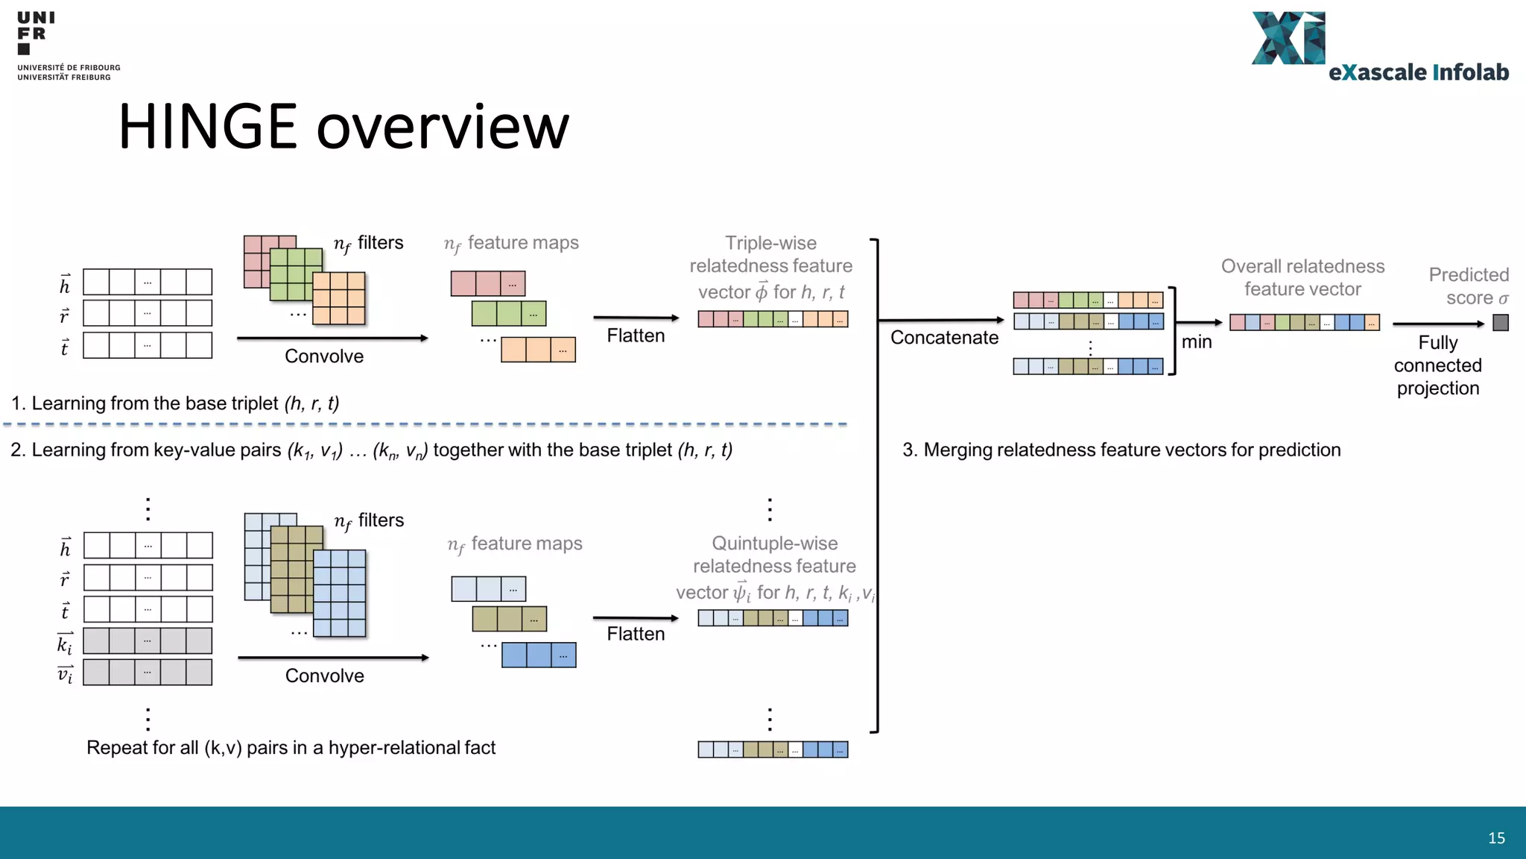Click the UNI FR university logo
(67, 45)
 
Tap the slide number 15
(1496, 838)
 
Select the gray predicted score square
(1501, 323)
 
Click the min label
(1197, 342)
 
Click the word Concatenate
(944, 338)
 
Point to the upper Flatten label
(636, 336)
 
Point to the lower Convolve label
(325, 676)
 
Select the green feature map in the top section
(508, 314)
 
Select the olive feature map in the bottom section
(509, 619)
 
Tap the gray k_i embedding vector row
(148, 641)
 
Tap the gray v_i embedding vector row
(148, 673)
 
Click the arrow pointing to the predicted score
(1438, 324)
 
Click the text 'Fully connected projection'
(1437, 365)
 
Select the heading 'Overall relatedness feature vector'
(1302, 277)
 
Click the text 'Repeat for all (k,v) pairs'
(291, 748)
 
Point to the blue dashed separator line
(425, 424)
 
